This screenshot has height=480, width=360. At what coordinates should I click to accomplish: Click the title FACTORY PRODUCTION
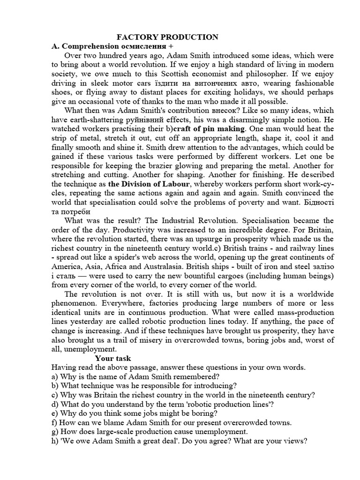[x=167, y=37]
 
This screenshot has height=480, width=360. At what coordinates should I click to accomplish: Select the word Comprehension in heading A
[x=88, y=46]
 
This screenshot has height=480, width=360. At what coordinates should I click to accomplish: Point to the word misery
[x=144, y=339]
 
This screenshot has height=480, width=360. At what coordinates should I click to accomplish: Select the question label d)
[x=55, y=404]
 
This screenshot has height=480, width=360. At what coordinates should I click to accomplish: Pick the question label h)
[x=55, y=441]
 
